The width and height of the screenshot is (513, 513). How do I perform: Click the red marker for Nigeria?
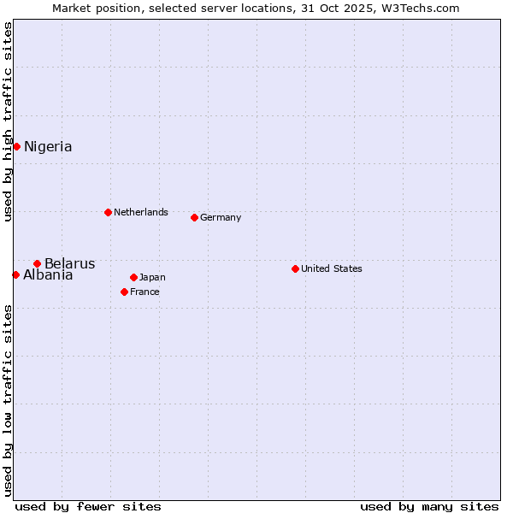16,146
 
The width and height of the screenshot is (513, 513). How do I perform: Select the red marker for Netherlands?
108,212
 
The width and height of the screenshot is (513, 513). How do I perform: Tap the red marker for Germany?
194,217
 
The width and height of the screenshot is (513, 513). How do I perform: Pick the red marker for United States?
295,268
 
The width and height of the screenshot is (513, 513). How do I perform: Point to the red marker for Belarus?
37,263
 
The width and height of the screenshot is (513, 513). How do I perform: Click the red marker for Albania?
15,274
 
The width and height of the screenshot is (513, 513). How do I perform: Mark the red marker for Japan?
133,277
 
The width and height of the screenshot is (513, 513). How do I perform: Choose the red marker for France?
124,292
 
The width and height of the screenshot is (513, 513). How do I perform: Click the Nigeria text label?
48,147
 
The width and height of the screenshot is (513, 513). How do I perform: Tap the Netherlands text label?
141,212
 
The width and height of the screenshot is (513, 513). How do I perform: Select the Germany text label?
221,217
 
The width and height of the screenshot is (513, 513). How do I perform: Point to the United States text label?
332,268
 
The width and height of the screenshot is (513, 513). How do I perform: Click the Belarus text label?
70,263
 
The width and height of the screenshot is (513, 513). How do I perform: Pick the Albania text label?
48,275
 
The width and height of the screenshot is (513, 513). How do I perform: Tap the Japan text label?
152,277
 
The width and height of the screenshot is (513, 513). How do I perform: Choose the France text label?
144,292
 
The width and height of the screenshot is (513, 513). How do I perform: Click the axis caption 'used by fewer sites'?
88,506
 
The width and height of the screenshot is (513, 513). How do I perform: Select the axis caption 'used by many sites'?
429,506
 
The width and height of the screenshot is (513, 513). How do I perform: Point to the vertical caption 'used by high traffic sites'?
9,121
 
